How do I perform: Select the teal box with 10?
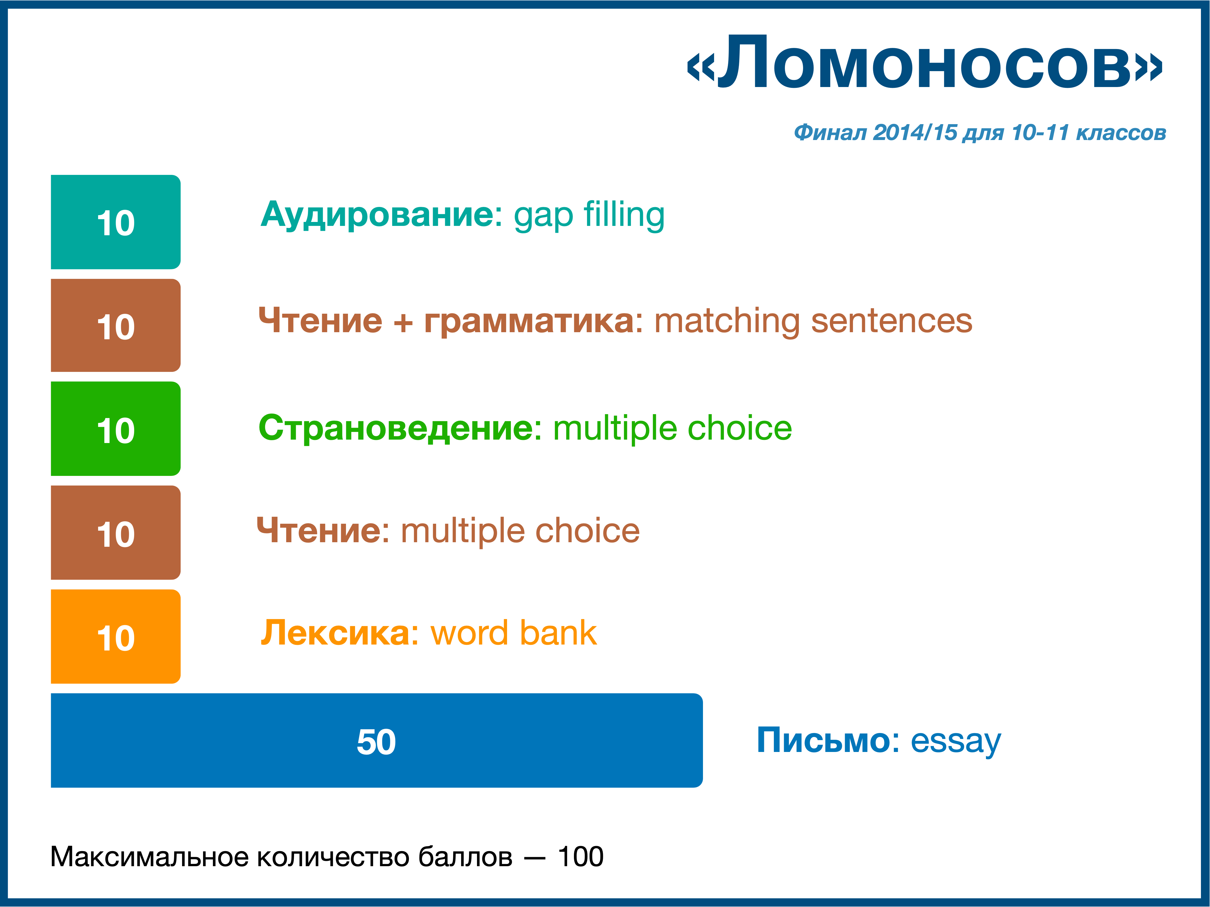pyautogui.click(x=115, y=222)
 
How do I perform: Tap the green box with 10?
pyautogui.click(x=115, y=429)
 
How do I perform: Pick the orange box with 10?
pyautogui.click(x=115, y=636)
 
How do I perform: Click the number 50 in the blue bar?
pyautogui.click(x=376, y=742)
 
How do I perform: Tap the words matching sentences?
pyautogui.click(x=813, y=321)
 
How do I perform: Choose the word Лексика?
pyautogui.click(x=339, y=633)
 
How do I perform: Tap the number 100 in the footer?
pyautogui.click(x=580, y=857)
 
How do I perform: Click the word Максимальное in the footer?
pyautogui.click(x=150, y=857)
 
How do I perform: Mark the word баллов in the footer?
pyautogui.click(x=466, y=857)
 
